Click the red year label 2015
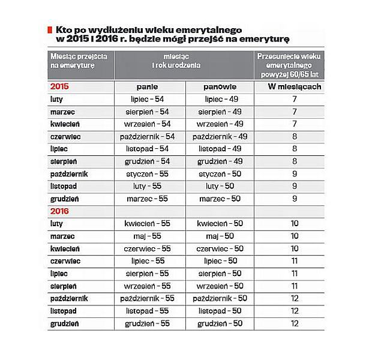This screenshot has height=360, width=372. coord(59,86)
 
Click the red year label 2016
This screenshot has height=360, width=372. coord(59,211)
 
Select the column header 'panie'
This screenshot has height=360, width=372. coord(150,86)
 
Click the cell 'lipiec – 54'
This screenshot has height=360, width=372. coord(150,99)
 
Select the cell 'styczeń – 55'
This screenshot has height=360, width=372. coord(150,174)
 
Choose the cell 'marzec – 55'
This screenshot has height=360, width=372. coord(150,199)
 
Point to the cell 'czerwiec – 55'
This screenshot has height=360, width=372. coord(150,248)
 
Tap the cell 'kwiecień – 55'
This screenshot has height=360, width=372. coord(150,224)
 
